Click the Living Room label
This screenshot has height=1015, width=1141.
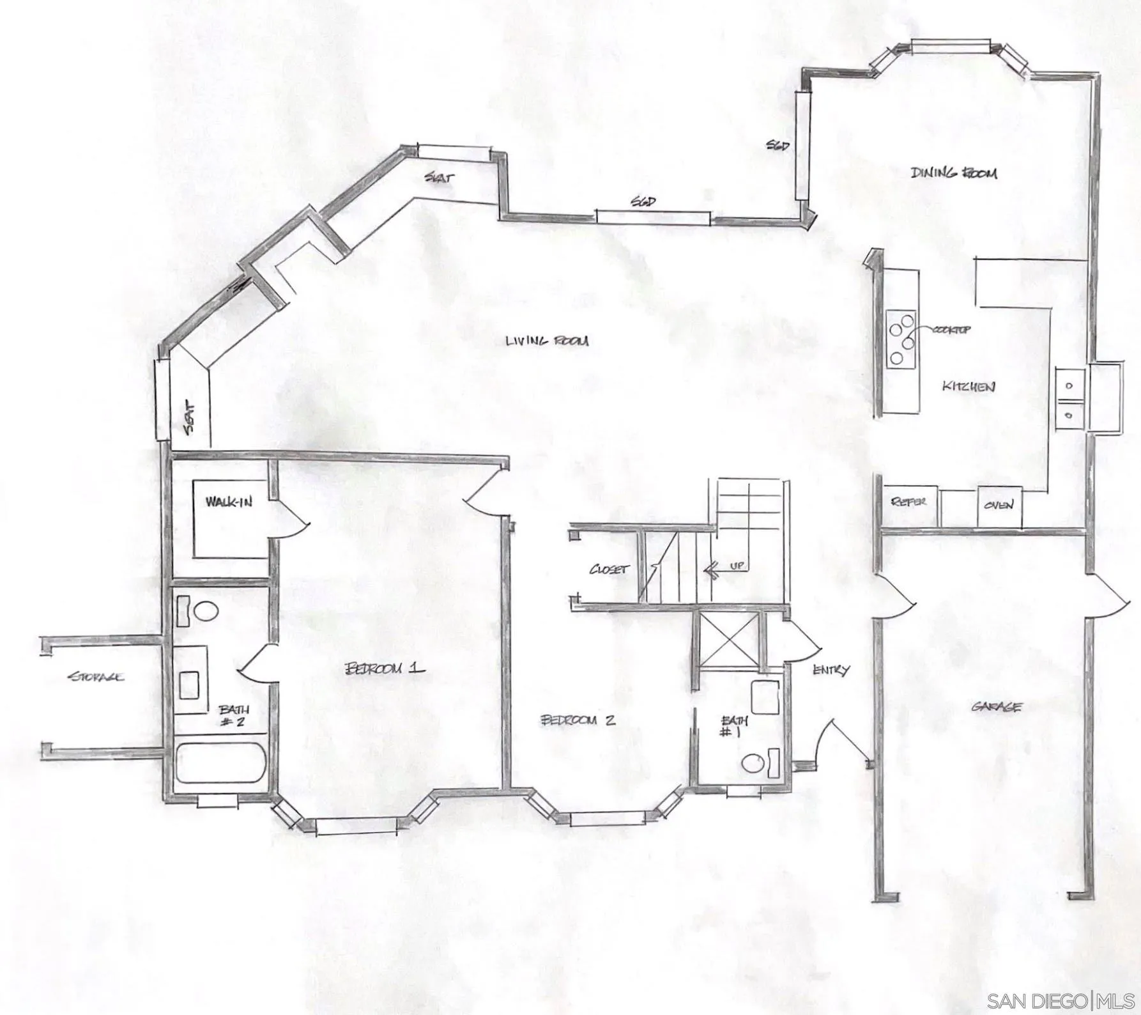click(x=547, y=341)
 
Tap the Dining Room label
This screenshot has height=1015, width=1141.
click(x=953, y=173)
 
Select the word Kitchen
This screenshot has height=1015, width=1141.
click(x=969, y=386)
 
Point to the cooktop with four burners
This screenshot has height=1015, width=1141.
click(x=901, y=338)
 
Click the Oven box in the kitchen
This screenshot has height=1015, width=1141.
click(x=999, y=505)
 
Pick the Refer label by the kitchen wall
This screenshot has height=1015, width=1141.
click(x=908, y=502)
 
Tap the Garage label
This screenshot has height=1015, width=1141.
click(x=996, y=707)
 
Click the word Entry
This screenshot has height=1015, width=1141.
click(x=831, y=670)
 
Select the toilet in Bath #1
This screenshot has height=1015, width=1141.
click(x=754, y=763)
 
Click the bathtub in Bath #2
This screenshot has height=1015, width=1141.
click(x=220, y=763)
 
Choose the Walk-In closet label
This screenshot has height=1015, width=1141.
click(x=229, y=502)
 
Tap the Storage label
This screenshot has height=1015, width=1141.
click(x=96, y=676)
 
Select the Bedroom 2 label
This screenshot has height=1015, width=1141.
click(x=578, y=720)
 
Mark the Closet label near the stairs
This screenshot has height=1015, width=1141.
click(x=609, y=569)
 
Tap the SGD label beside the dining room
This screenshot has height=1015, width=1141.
click(x=777, y=146)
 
